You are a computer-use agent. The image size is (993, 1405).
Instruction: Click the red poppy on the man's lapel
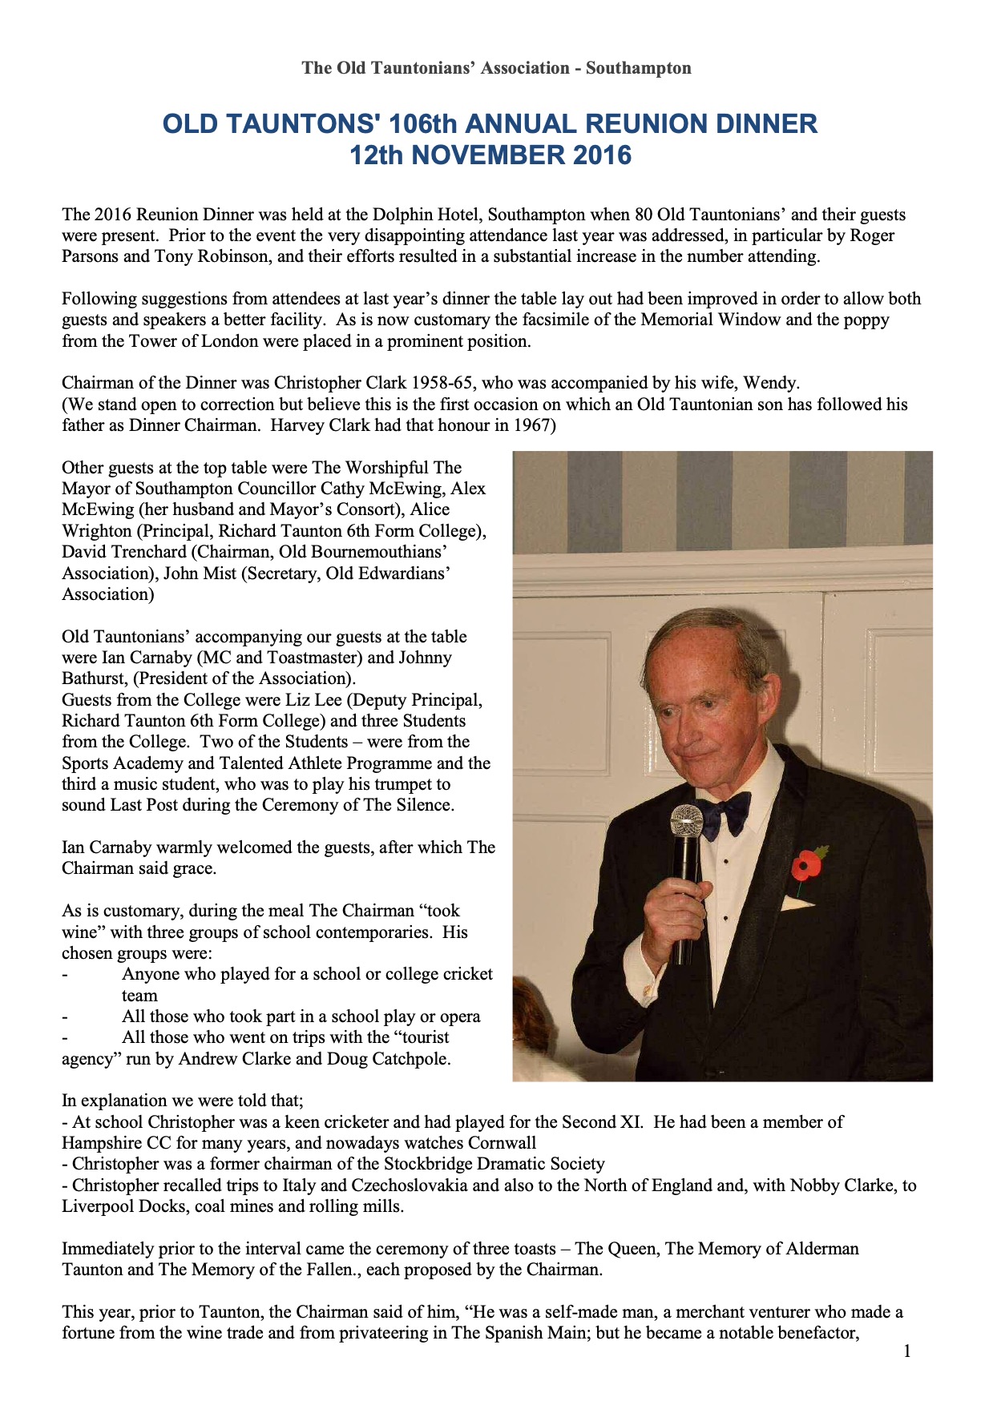pos(805,865)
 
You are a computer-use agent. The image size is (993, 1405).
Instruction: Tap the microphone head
pos(686,823)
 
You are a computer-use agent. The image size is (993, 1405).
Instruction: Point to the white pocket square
pos(797,904)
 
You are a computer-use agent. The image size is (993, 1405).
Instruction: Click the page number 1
pos(907,1351)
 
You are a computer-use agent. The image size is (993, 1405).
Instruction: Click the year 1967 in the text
pos(531,425)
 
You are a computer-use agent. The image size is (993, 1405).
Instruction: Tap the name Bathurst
pos(95,678)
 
